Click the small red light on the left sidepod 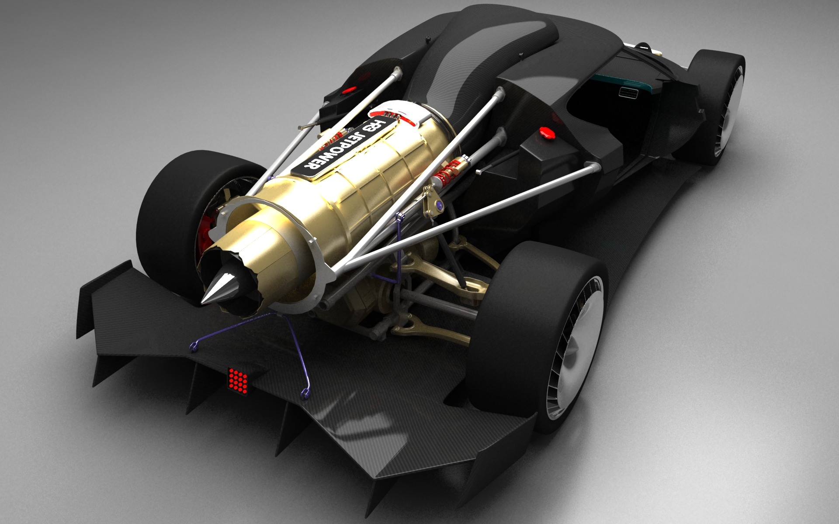click(348, 91)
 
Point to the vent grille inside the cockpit click(629, 93)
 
